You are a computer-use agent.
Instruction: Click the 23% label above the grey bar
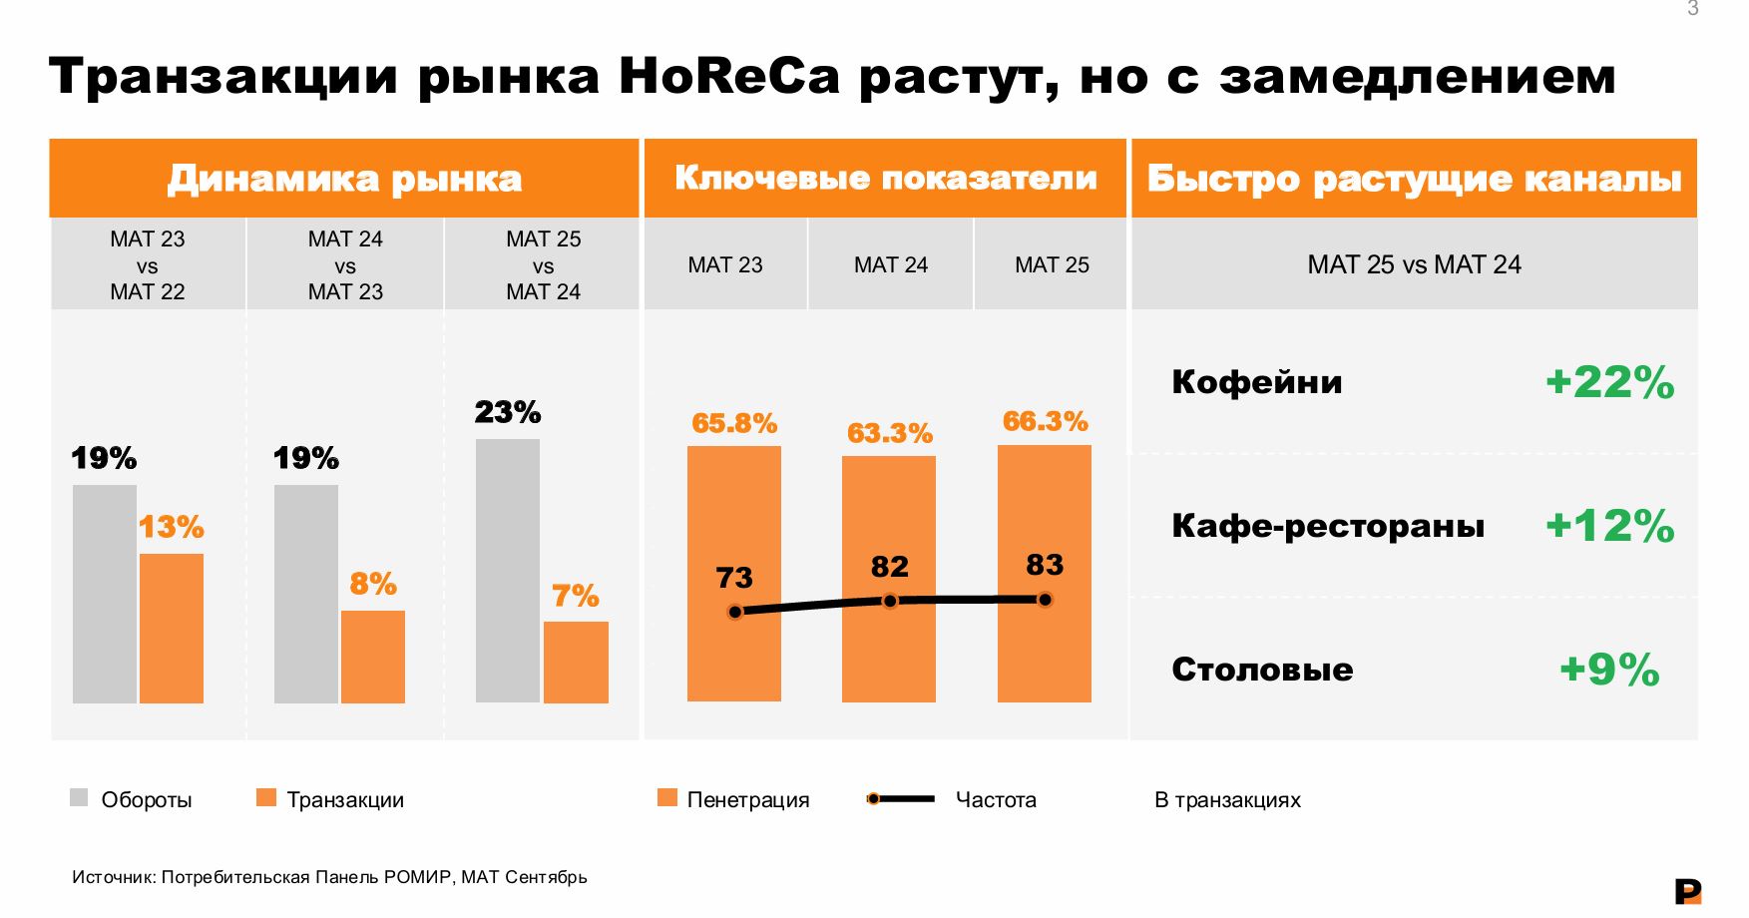507,412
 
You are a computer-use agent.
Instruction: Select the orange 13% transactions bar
172,629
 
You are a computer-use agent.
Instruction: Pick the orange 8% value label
373,584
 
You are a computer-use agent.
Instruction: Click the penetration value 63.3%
889,433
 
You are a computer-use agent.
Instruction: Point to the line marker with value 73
735,612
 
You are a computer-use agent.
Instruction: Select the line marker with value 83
1045,600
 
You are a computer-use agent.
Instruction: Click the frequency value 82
889,567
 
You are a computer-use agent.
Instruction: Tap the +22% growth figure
1608,382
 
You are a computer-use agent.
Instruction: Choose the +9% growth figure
1608,670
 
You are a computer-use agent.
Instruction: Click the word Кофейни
1257,382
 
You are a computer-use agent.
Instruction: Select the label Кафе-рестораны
1328,526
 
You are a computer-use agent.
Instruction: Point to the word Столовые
1262,670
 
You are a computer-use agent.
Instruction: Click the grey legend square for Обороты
79,797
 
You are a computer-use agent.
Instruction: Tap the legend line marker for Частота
874,798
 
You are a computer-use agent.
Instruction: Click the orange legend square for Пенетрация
667,797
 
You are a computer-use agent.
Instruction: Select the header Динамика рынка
344,179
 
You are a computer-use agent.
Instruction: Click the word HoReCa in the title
729,76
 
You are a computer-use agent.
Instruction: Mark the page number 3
1692,9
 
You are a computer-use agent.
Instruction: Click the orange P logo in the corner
1687,891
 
